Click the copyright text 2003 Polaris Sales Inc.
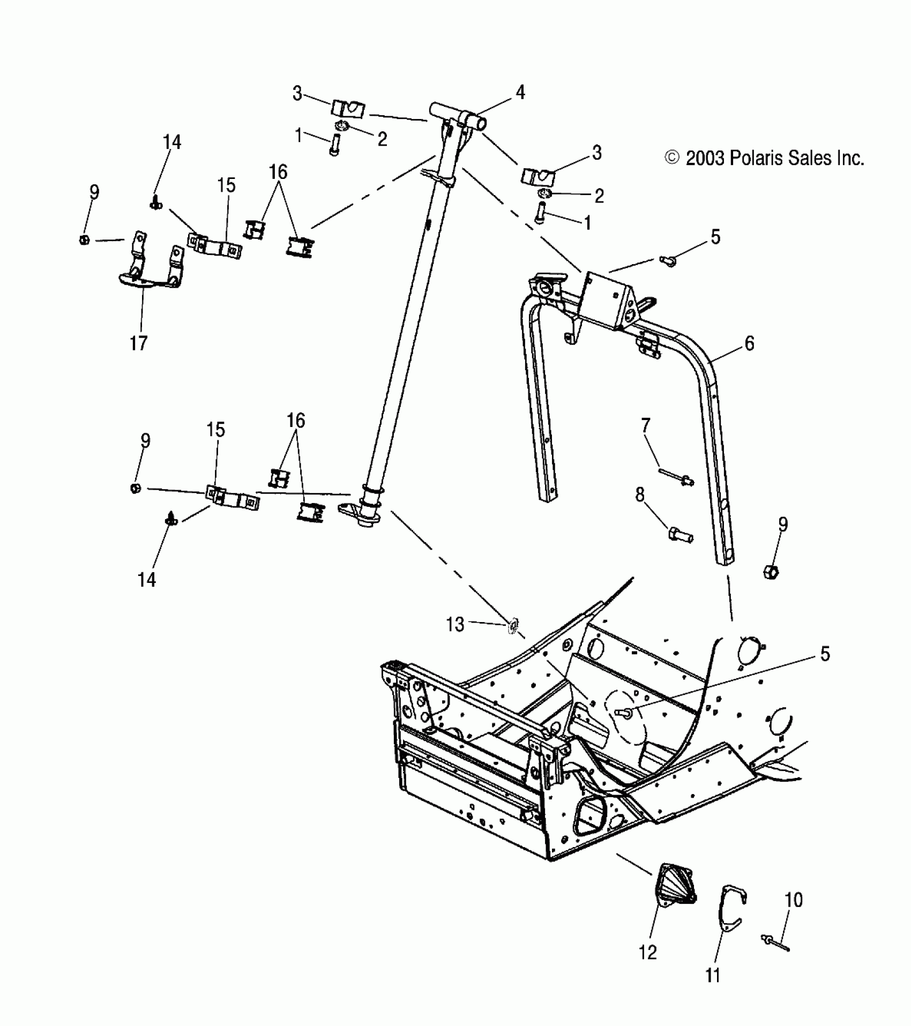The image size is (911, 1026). pyautogui.click(x=764, y=158)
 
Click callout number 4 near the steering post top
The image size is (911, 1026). pyautogui.click(x=520, y=93)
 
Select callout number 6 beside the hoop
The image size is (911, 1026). pyautogui.click(x=749, y=343)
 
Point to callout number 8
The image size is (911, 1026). pyautogui.click(x=640, y=495)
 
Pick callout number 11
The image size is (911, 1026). pyautogui.click(x=712, y=976)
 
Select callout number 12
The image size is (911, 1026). pyautogui.click(x=647, y=952)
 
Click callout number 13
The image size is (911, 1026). pyautogui.click(x=455, y=624)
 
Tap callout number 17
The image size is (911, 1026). pyautogui.click(x=138, y=343)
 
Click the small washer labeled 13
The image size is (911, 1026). pyautogui.click(x=512, y=626)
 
